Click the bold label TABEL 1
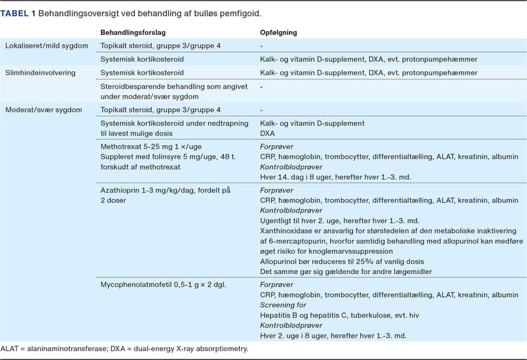click(18, 13)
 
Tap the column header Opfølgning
click(278, 32)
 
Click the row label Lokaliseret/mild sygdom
click(46, 46)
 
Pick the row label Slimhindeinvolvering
click(40, 73)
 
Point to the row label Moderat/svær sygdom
click(43, 110)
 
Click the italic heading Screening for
click(283, 305)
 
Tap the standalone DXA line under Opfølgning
click(268, 134)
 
